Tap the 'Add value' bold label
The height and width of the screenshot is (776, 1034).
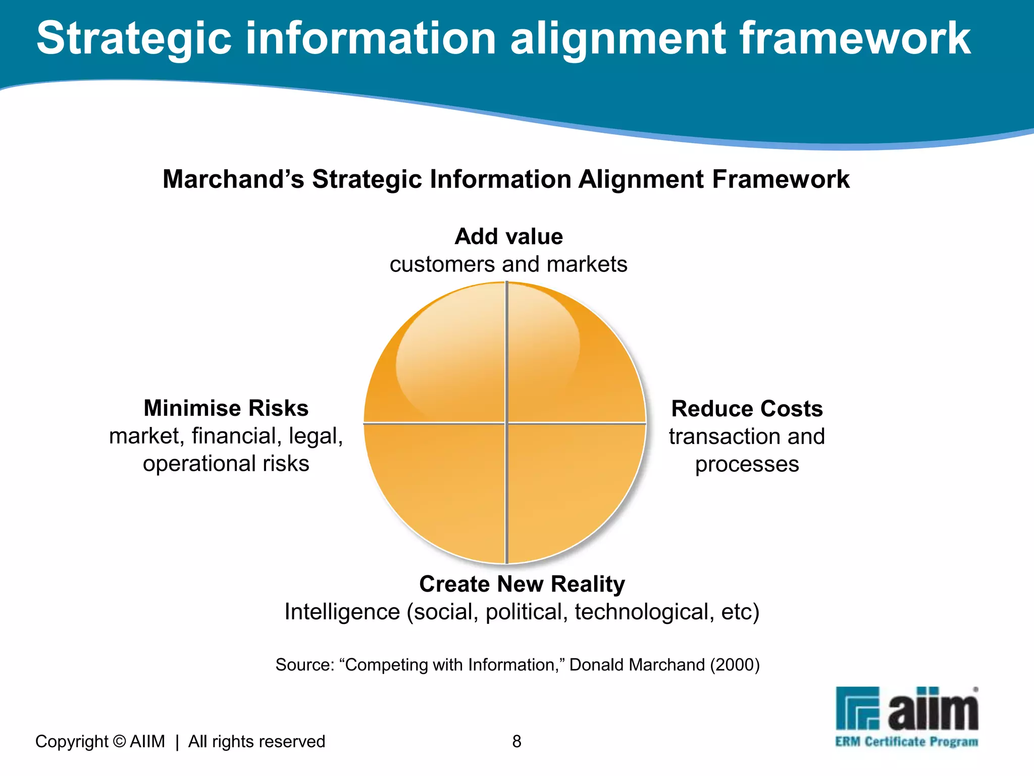(x=508, y=236)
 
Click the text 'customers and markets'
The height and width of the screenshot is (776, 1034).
(x=508, y=264)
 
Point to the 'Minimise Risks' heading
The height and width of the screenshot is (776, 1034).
(x=226, y=408)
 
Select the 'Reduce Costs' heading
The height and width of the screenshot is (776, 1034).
(x=747, y=409)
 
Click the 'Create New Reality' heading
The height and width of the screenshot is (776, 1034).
(x=522, y=584)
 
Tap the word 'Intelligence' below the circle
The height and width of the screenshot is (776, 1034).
(x=342, y=612)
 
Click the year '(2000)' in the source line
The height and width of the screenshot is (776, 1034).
(x=735, y=665)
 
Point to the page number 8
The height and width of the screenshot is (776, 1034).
(x=516, y=741)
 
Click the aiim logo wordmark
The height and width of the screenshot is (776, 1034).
(x=933, y=710)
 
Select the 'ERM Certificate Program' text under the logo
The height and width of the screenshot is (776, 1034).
(x=906, y=742)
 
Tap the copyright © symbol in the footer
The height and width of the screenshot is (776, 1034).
(x=119, y=741)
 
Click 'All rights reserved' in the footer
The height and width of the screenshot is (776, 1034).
(x=256, y=741)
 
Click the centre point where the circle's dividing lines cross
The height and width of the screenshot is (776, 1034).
(x=506, y=423)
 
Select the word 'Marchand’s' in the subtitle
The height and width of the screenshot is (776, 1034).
(x=233, y=179)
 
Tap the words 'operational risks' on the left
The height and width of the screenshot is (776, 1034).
(x=226, y=464)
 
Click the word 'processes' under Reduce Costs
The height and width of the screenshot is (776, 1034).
(x=747, y=464)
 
